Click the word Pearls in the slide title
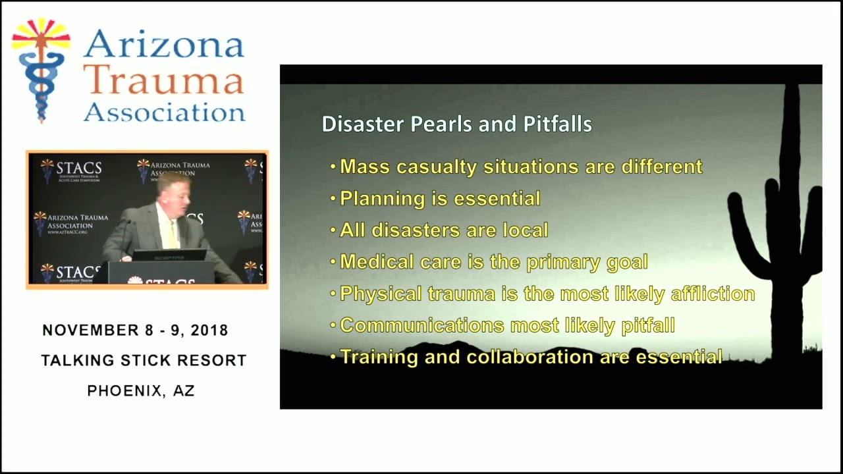coord(439,124)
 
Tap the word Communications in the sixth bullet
coord(422,325)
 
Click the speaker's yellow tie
coord(173,234)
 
